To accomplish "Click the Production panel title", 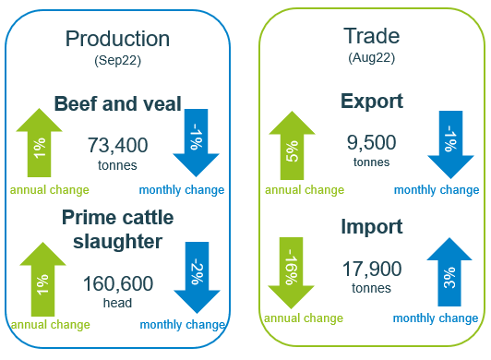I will tap(117, 39).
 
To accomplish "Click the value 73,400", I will tap(117, 145).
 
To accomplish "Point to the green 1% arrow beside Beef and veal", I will tap(40, 144).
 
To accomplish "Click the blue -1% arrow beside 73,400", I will tap(196, 142).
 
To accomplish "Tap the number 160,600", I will tap(117, 283).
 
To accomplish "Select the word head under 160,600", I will tap(116, 303).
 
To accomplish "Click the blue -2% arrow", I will tap(197, 275).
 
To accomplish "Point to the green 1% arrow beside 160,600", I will tap(40, 280).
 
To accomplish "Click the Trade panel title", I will tap(371, 36).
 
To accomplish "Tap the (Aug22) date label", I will tap(371, 57).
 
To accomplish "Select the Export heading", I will tap(371, 101).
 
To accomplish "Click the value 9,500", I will tap(371, 142).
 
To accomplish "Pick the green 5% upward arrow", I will tap(292, 145).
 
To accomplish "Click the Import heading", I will tap(371, 227).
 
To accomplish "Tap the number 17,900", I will tap(371, 269).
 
